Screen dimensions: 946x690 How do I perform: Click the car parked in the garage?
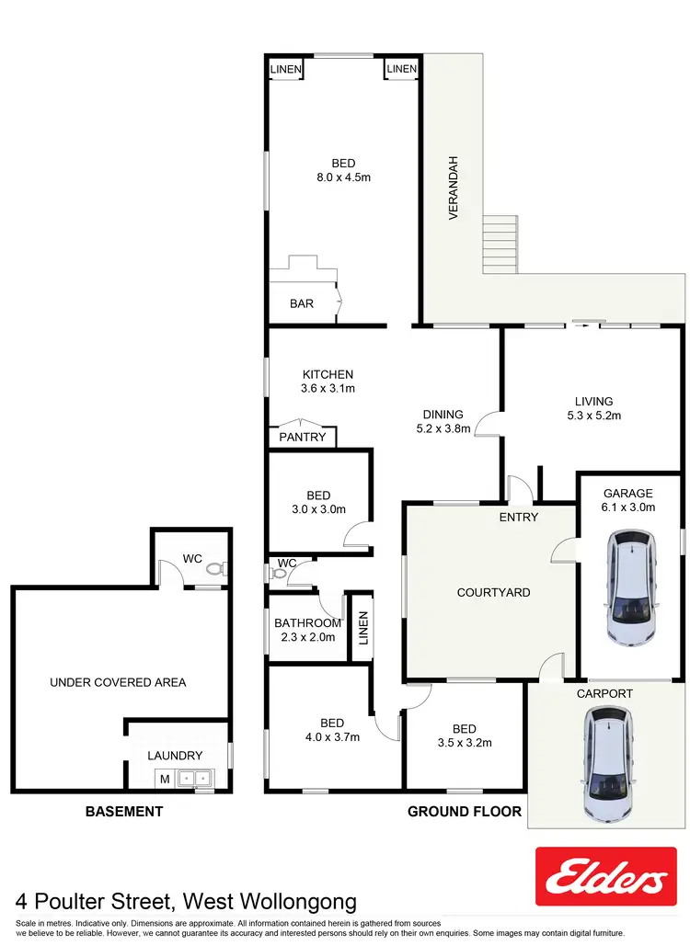tap(631, 588)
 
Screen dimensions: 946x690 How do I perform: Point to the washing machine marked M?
tap(166, 779)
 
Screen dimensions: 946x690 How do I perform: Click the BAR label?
tap(302, 303)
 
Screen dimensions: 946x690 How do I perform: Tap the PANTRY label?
tap(303, 438)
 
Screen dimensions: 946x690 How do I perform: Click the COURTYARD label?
tap(493, 592)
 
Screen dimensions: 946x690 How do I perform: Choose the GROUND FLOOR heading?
tap(465, 812)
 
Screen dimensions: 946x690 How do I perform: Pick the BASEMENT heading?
tap(124, 812)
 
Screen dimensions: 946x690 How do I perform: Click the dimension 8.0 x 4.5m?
tap(342, 178)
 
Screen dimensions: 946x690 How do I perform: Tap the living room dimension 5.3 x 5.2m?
tap(593, 416)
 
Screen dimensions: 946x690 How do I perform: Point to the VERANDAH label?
tap(453, 188)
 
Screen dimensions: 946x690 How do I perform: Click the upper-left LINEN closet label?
tap(286, 69)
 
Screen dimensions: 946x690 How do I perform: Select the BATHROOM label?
tap(308, 623)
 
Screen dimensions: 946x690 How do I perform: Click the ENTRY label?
tap(519, 517)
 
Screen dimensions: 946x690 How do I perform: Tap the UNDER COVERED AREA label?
tap(118, 682)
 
